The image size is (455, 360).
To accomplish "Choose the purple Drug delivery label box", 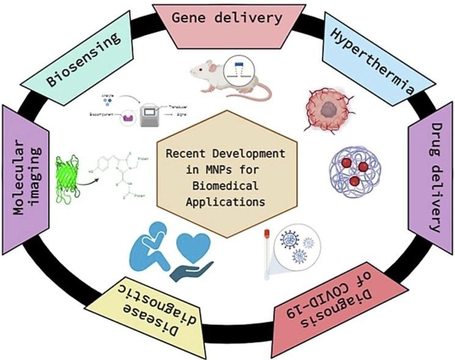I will pos(428,175).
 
